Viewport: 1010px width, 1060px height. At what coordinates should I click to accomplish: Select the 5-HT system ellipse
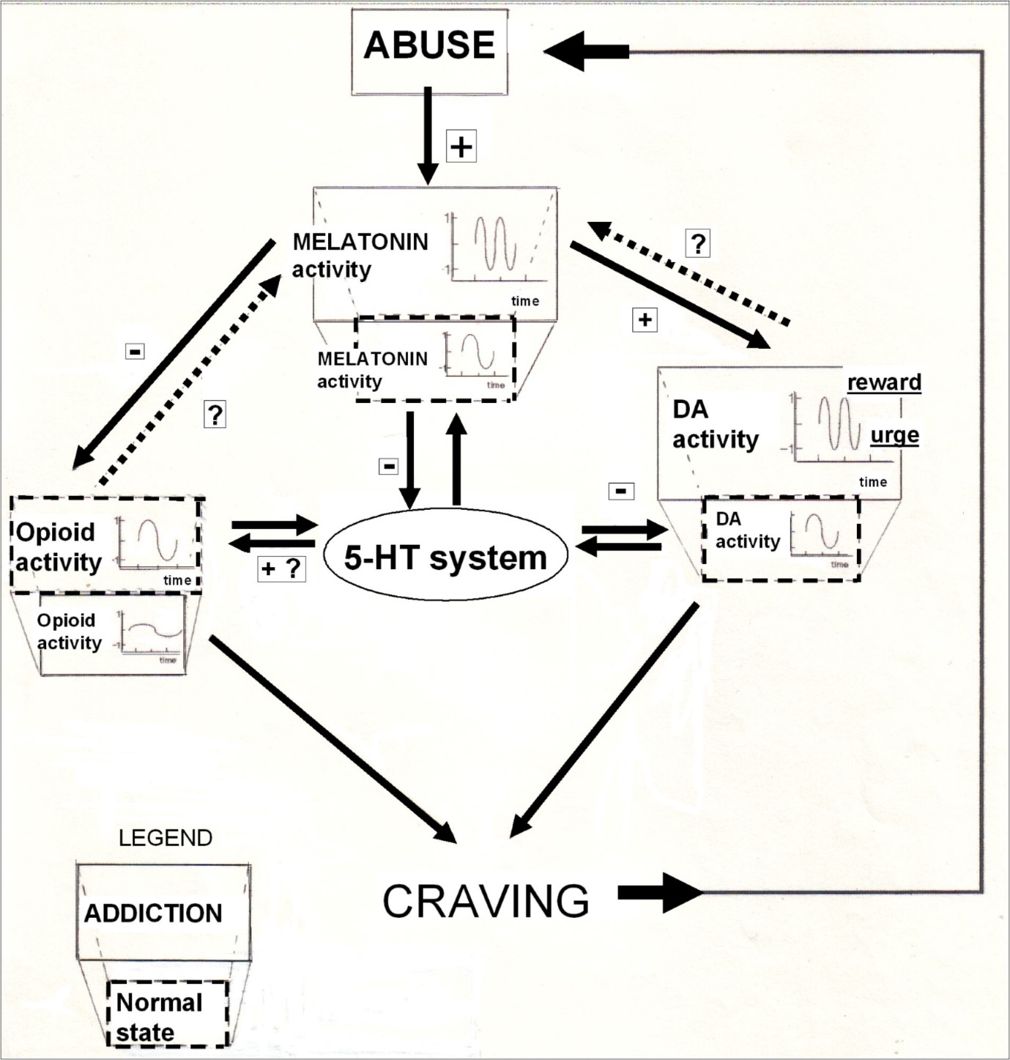(x=445, y=557)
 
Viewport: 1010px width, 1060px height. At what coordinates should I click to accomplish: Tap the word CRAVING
(x=486, y=900)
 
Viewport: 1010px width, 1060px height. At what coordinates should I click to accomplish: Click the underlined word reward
(x=884, y=382)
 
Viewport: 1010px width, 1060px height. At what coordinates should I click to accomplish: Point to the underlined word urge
(x=894, y=436)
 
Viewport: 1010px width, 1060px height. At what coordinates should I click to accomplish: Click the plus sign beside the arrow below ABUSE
(x=461, y=147)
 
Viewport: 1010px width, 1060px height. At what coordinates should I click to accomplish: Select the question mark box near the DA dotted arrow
(x=698, y=242)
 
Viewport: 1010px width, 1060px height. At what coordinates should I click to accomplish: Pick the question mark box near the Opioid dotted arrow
(x=215, y=415)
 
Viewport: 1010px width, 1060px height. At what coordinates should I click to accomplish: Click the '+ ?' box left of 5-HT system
(x=281, y=568)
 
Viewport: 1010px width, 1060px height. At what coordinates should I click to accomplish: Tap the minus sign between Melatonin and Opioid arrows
(x=135, y=352)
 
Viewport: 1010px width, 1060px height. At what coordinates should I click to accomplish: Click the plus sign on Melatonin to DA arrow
(x=645, y=319)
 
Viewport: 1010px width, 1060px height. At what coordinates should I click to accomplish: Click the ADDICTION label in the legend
(x=153, y=913)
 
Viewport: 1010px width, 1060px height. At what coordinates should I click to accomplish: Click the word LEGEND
(x=166, y=837)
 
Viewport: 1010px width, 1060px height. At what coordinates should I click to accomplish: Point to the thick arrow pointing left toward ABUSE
(x=587, y=51)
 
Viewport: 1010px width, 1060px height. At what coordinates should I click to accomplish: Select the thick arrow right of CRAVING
(x=659, y=892)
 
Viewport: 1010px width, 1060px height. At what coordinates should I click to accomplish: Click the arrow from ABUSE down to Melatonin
(x=428, y=136)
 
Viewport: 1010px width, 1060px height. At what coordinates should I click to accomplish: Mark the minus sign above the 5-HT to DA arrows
(x=621, y=491)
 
